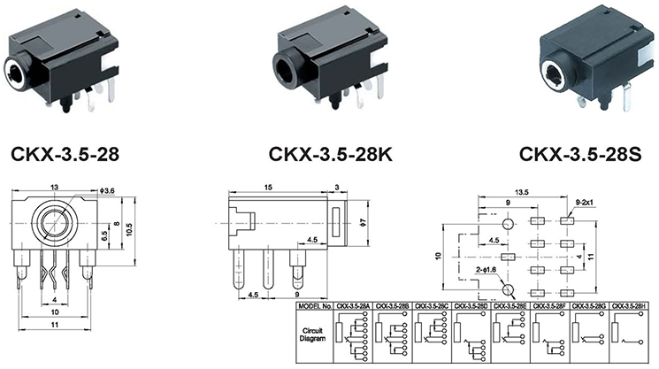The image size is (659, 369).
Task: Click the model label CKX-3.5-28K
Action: click(x=331, y=157)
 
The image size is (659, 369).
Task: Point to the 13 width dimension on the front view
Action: click(x=55, y=188)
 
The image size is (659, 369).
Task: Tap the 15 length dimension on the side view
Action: click(x=267, y=188)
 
